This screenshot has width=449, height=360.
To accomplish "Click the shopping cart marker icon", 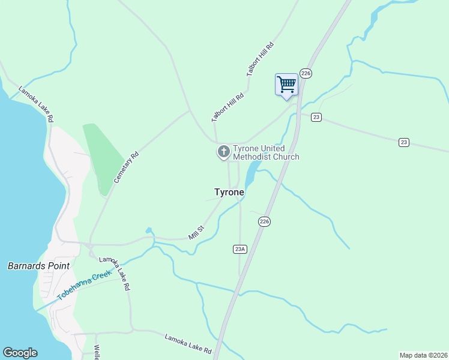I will point(286,84).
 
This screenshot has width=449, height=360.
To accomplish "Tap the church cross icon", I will point(223,152).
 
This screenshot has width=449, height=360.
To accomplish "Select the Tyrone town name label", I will point(229,192).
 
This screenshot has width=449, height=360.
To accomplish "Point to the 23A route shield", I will point(240,248).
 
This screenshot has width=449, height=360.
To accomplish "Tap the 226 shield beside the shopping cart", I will point(306,73).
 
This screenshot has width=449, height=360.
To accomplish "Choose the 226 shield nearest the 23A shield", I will point(264,221).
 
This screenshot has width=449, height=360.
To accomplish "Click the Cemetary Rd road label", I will point(127,167).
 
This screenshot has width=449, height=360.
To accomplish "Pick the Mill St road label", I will point(197,233).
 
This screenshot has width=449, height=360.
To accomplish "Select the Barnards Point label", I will point(38,265).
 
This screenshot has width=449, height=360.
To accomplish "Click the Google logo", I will point(20,353).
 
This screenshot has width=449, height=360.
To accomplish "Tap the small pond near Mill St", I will point(148,230).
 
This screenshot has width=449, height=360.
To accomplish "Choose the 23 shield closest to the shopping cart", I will point(316,117).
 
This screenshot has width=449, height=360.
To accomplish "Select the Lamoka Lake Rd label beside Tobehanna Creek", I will point(115,274).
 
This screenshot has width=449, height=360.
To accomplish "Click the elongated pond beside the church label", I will point(251,172).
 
